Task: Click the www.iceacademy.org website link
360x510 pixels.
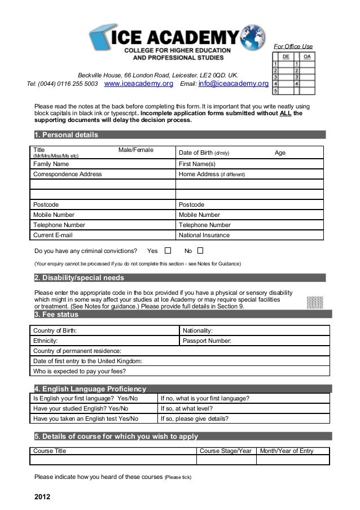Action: [x=139, y=84]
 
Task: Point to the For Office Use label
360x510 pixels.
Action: [x=293, y=46]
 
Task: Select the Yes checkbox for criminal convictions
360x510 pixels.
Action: [x=168, y=250]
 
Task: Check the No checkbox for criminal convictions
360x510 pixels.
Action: [x=200, y=250]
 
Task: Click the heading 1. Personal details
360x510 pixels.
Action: [x=66, y=135]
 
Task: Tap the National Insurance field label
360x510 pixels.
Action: [x=204, y=235]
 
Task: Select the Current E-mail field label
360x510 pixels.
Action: [x=52, y=235]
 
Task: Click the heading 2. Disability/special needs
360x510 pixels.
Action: [x=79, y=278]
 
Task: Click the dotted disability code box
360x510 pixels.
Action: [x=314, y=302]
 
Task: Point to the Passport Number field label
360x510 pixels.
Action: [x=207, y=341]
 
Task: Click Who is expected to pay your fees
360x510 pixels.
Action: [x=80, y=371]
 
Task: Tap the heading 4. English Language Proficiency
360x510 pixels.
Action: [x=90, y=389]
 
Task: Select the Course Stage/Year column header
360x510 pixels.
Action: [x=226, y=451]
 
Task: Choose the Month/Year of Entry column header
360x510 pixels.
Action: [x=286, y=451]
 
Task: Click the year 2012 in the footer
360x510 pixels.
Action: [x=42, y=497]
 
